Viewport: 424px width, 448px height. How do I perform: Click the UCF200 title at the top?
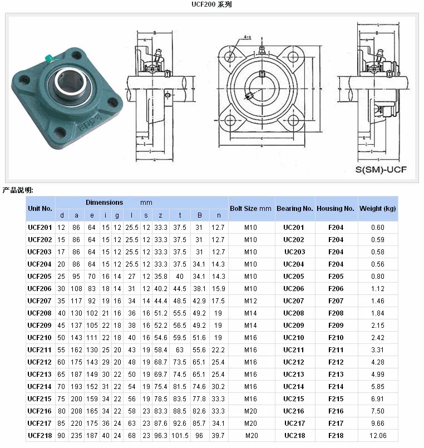coord(211,4)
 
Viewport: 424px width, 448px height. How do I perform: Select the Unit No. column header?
coord(40,209)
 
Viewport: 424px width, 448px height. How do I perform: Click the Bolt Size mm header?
coord(250,209)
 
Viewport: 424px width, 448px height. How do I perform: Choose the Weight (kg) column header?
coord(378,209)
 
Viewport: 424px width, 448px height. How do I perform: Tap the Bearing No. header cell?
coord(294,209)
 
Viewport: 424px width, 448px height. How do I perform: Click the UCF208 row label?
coord(40,313)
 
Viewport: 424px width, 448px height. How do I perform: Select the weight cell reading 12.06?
coord(378,436)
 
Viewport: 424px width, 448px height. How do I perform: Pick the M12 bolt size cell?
coord(251,301)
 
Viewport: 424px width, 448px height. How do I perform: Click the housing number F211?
coord(336,350)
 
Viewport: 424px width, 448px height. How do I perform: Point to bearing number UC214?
coord(294,387)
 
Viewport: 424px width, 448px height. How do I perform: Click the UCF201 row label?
coord(40,228)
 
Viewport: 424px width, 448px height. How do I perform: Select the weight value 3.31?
coord(378,350)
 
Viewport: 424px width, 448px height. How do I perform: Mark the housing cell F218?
coord(336,436)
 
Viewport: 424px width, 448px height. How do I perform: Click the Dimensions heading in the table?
coord(105,203)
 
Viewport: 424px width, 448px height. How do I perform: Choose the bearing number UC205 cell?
coord(294,277)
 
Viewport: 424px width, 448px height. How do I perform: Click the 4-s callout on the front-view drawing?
coord(246,38)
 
